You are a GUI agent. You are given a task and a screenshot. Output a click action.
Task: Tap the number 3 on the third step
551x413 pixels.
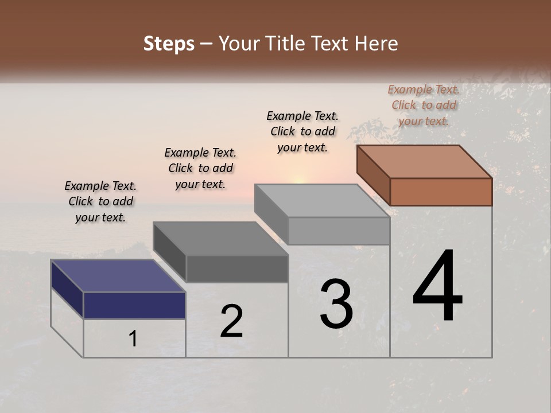[x=336, y=304]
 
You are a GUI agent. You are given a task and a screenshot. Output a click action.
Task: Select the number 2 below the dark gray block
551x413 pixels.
[x=231, y=321]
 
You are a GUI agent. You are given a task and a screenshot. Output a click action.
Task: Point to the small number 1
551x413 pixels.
[x=133, y=339]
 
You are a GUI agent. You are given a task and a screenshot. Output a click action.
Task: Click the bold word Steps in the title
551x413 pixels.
[x=169, y=44]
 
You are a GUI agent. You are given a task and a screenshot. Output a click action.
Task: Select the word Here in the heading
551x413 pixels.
[x=377, y=44]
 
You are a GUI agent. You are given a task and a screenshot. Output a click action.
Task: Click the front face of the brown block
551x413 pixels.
[x=441, y=192]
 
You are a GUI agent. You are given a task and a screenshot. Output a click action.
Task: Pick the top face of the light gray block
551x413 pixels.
[x=322, y=201]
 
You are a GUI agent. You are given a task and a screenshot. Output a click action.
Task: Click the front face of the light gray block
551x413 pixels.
[x=339, y=231]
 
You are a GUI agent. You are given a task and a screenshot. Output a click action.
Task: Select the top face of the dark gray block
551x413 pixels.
[x=220, y=239]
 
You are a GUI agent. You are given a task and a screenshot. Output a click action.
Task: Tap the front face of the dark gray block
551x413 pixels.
[x=236, y=268]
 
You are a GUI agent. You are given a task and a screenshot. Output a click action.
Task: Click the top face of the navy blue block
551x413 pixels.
[x=118, y=276]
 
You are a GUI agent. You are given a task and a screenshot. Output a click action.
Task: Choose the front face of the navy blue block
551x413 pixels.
[x=134, y=305]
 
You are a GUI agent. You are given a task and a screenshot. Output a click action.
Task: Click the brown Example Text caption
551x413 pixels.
[x=424, y=105]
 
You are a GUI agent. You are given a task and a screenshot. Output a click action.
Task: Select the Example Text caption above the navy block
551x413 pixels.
[x=100, y=201]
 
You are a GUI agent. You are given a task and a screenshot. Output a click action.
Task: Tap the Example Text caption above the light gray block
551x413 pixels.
[x=302, y=131]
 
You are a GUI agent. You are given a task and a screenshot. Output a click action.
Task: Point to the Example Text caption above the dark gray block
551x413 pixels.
[x=200, y=168]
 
